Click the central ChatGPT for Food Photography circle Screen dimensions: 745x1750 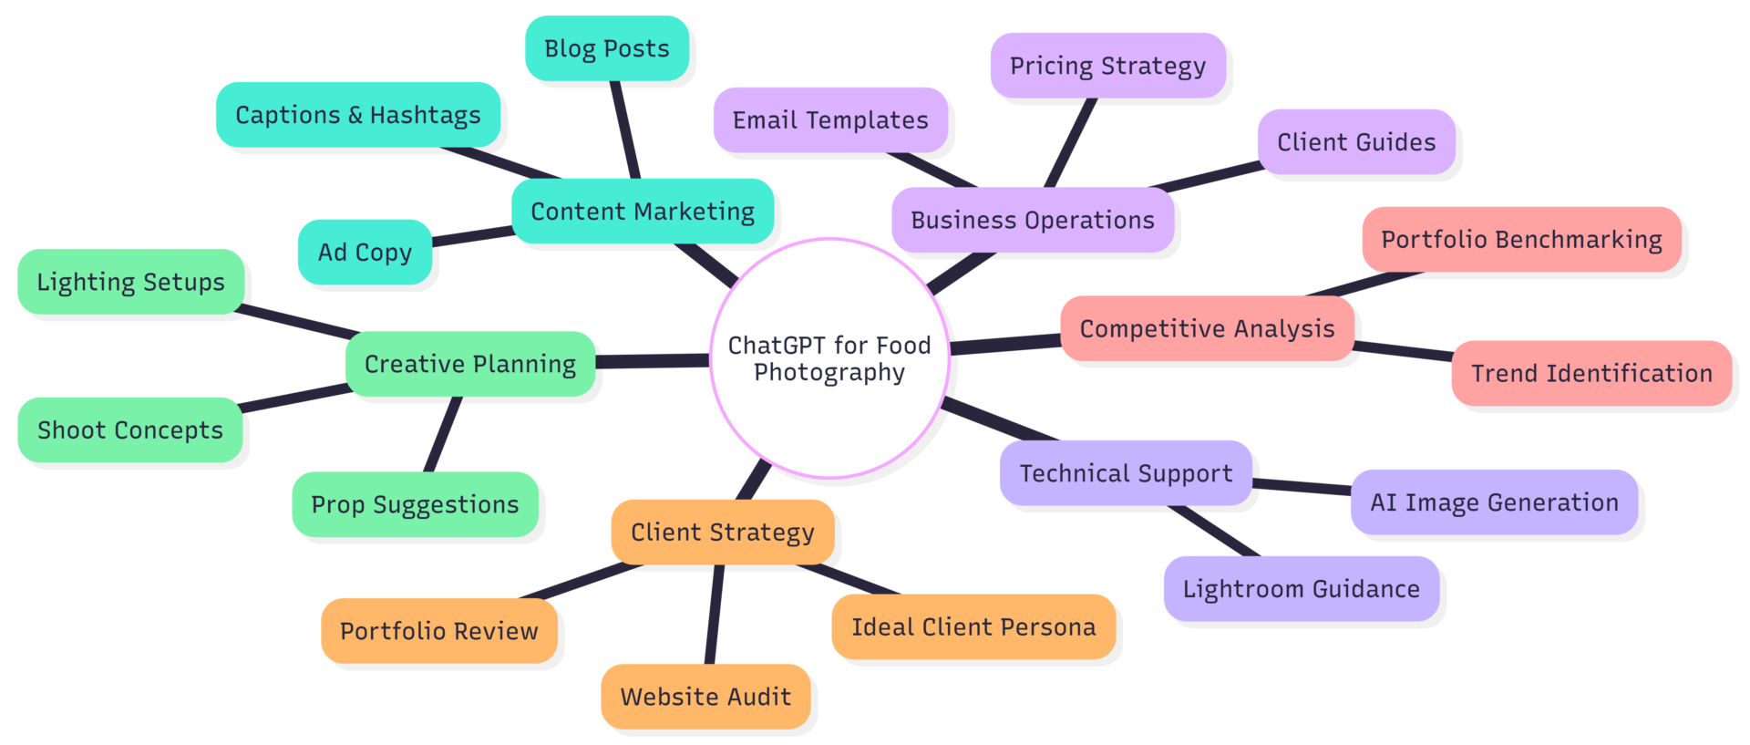point(829,358)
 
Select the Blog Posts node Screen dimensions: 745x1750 point(607,48)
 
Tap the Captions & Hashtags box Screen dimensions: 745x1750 point(358,115)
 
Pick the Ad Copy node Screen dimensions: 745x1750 point(365,252)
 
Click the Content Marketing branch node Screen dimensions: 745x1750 point(643,212)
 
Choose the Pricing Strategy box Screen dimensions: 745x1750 point(1107,66)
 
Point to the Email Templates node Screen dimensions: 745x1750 point(830,120)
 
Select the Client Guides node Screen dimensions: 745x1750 point(1356,142)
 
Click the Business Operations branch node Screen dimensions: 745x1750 point(1033,221)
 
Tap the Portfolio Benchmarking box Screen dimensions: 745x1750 point(1521,240)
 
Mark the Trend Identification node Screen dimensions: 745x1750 point(1591,373)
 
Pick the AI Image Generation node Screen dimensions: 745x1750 point(1494,502)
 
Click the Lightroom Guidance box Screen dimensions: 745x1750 point(1301,589)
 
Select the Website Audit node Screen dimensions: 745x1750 point(705,697)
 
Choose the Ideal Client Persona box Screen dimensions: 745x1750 point(973,627)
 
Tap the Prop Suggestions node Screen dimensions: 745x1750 point(415,504)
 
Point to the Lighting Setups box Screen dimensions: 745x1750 point(131,282)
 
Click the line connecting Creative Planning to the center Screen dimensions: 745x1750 point(653,361)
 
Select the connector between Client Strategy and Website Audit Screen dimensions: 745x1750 point(715,614)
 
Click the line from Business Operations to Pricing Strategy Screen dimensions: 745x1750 point(1070,143)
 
